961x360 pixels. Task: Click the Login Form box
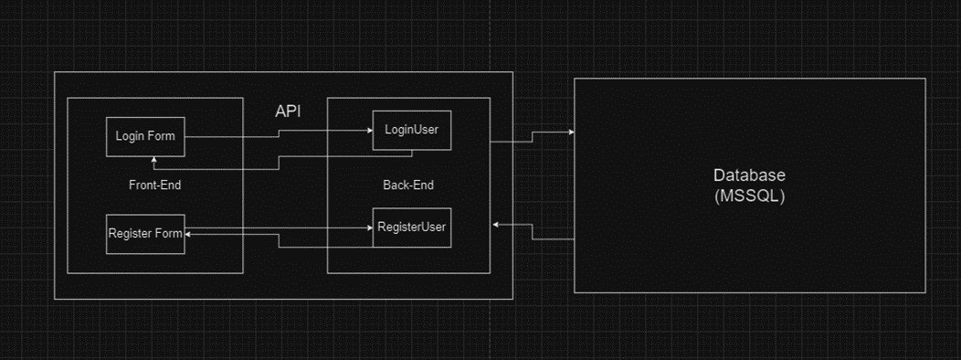pos(145,137)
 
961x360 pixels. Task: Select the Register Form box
pos(145,233)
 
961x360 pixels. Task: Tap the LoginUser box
pos(411,130)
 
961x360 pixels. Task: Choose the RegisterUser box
pos(411,228)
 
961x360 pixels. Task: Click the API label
pos(289,111)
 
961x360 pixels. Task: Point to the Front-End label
pos(154,185)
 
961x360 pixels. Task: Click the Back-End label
pos(408,185)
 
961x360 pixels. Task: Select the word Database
pos(749,175)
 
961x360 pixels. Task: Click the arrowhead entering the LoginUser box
pos(368,131)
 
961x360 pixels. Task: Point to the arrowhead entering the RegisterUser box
pos(368,228)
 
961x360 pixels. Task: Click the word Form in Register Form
pos(167,233)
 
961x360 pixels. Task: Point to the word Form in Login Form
pos(162,137)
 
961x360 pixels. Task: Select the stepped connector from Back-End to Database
pos(532,137)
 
